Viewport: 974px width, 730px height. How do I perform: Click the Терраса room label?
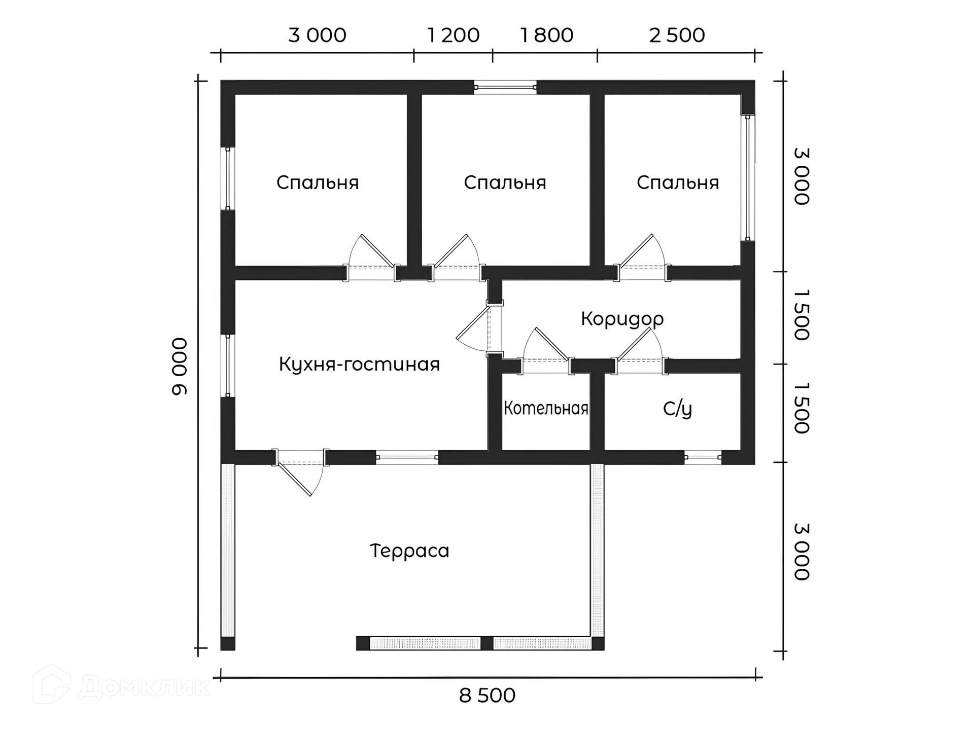[409, 551]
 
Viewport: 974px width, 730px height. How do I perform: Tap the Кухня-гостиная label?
[359, 364]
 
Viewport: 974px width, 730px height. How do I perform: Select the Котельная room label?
[546, 408]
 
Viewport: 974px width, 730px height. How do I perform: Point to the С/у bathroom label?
[677, 409]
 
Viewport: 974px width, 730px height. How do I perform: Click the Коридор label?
[622, 319]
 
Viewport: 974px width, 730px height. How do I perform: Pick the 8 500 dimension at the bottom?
[487, 696]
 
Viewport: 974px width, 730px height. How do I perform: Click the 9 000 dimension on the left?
[180, 366]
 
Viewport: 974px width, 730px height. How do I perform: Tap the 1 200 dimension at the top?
[453, 35]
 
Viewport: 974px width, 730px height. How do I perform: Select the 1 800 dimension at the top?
[546, 35]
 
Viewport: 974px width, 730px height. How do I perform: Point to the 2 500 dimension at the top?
[677, 35]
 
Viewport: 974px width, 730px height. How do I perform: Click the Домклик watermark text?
[145, 687]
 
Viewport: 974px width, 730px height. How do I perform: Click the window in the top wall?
[505, 87]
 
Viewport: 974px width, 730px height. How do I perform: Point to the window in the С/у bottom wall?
[703, 458]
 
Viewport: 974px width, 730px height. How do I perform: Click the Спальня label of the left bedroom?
[318, 182]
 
